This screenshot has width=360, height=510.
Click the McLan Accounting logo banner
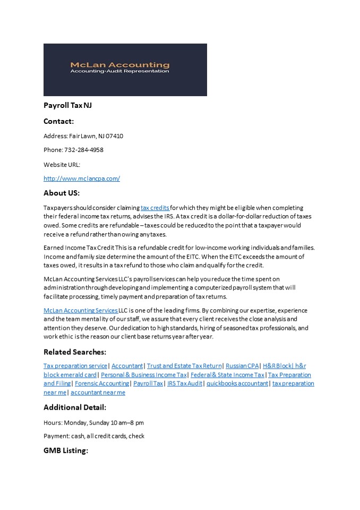[125, 70]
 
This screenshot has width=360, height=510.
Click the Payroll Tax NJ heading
[67, 106]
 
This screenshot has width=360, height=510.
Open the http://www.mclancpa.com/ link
[82, 178]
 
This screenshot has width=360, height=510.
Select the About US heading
[61, 193]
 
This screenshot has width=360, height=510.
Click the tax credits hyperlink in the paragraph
[155, 208]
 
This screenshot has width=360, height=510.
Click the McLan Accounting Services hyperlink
[81, 310]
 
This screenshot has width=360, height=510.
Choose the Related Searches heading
[75, 352]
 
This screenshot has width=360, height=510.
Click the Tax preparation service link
[75, 365]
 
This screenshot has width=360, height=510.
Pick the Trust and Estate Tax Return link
[184, 365]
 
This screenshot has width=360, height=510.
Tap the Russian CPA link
[242, 365]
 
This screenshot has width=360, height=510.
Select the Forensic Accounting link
[102, 383]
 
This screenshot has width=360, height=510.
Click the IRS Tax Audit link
[185, 383]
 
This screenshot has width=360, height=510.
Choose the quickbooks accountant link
[237, 383]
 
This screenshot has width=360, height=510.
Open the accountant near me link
[98, 392]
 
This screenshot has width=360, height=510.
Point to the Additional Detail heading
[75, 407]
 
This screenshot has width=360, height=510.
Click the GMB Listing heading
[65, 450]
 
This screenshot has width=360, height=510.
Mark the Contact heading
[58, 121]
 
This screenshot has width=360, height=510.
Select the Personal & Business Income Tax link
[144, 375]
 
